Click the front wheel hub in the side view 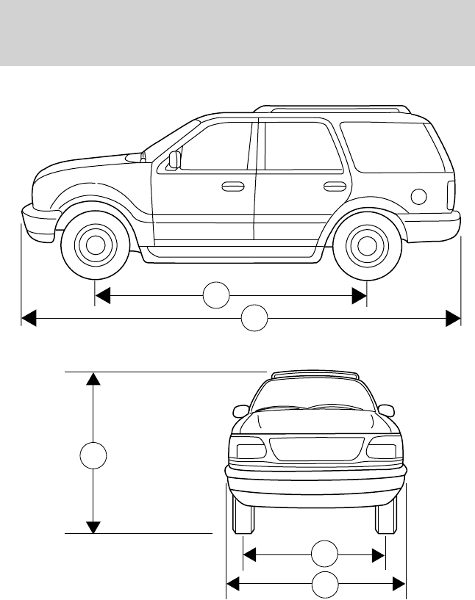(95, 245)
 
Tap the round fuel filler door (418, 196)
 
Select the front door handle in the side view (233, 187)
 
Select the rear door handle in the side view (335, 186)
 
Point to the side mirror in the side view (174, 159)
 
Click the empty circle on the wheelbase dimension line (215, 294)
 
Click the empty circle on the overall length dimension (255, 319)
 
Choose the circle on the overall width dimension (324, 584)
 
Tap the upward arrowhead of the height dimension (93, 379)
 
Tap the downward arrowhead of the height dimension (93, 527)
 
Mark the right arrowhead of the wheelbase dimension (360, 295)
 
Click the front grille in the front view (316, 449)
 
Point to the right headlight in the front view (384, 448)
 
